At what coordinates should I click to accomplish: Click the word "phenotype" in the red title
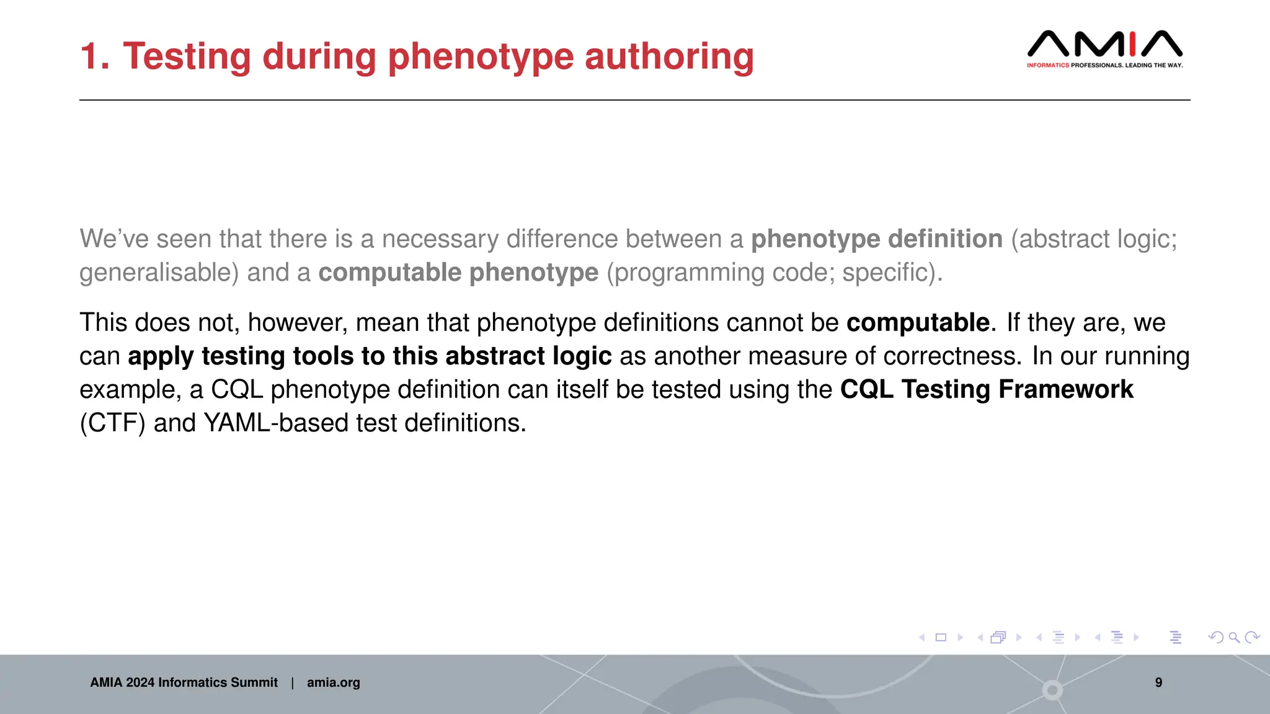click(x=481, y=57)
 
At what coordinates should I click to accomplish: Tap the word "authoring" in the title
click(x=669, y=57)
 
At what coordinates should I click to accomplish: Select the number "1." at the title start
click(x=95, y=56)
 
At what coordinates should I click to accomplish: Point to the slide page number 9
click(x=1158, y=682)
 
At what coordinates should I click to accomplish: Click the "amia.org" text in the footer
click(x=333, y=682)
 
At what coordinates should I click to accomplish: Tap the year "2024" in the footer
click(x=140, y=682)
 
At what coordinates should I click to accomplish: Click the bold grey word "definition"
click(x=944, y=239)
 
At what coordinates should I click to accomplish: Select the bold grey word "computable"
click(x=390, y=273)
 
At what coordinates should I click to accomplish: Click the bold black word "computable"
click(x=918, y=323)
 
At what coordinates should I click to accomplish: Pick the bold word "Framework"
click(x=1066, y=390)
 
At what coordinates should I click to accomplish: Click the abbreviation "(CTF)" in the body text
click(x=112, y=423)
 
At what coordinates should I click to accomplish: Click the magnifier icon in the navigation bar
click(x=1234, y=637)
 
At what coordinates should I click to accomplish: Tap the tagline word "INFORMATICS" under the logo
click(x=1047, y=65)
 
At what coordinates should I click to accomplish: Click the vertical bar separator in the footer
click(x=292, y=682)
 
